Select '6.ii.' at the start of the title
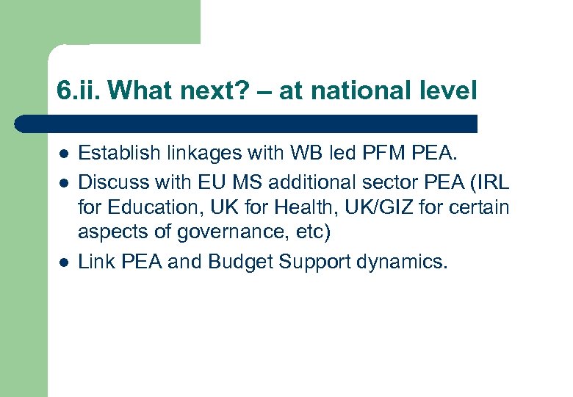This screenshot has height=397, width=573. click(x=79, y=91)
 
